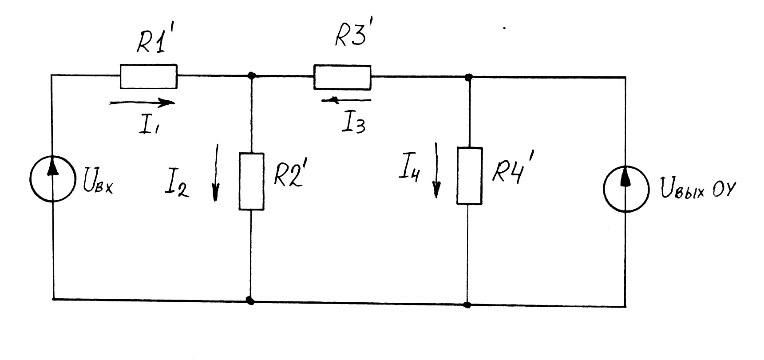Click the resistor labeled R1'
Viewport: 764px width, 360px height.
[x=148, y=76]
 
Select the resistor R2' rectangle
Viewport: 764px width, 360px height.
[x=251, y=181]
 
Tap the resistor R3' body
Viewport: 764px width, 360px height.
[x=342, y=77]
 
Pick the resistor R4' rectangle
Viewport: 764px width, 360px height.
[x=469, y=176]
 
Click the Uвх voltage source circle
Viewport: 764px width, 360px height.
[x=53, y=179]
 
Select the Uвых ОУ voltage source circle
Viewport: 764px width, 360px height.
[x=626, y=188]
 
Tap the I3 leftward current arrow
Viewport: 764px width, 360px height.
[x=346, y=101]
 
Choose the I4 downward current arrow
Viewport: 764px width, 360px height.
[x=436, y=170]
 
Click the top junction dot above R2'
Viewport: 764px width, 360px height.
[x=252, y=75]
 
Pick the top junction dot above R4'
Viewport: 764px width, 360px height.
[x=468, y=78]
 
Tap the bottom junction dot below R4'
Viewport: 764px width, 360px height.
[x=467, y=305]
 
